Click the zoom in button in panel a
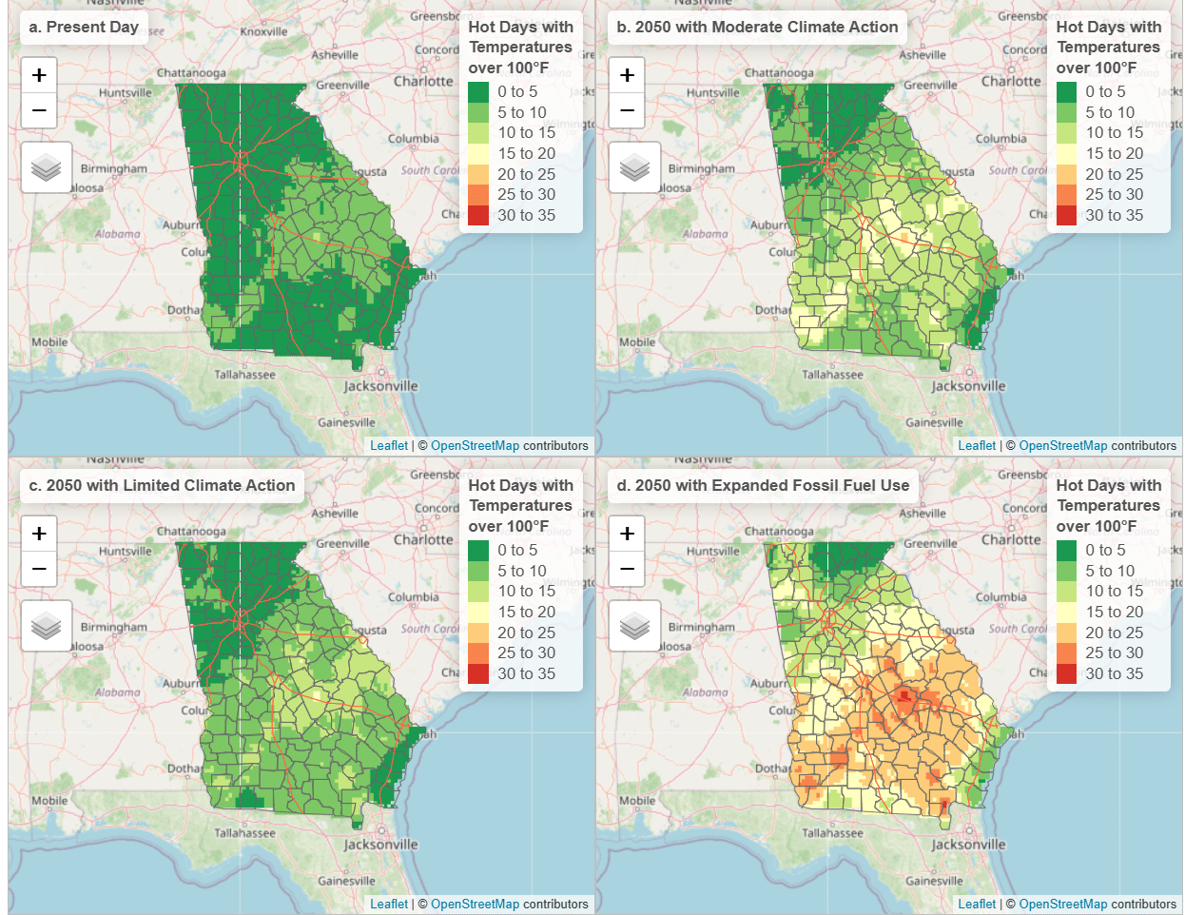pyautogui.click(x=39, y=75)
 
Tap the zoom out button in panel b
pyautogui.click(x=627, y=110)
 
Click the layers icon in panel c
pyautogui.click(x=46, y=626)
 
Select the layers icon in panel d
pyautogui.click(x=634, y=626)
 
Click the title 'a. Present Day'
pyautogui.click(x=84, y=27)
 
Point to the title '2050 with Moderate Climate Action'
pyautogui.click(x=757, y=27)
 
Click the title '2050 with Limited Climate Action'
pyautogui.click(x=162, y=485)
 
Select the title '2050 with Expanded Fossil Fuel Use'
pyautogui.click(x=763, y=485)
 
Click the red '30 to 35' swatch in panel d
pyautogui.click(x=1067, y=673)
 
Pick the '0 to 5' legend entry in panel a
pyautogui.click(x=516, y=91)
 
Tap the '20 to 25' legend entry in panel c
pyautogui.click(x=526, y=633)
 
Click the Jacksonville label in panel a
pyautogui.click(x=380, y=386)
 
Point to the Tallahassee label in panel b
pyautogui.click(x=832, y=375)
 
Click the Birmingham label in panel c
pyautogui.click(x=114, y=628)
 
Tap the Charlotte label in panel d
pyautogui.click(x=1011, y=539)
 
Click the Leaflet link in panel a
pyautogui.click(x=388, y=445)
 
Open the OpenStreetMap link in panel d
pyautogui.click(x=1062, y=904)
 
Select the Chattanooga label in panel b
pyautogui.click(x=779, y=73)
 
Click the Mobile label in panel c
pyautogui.click(x=49, y=801)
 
